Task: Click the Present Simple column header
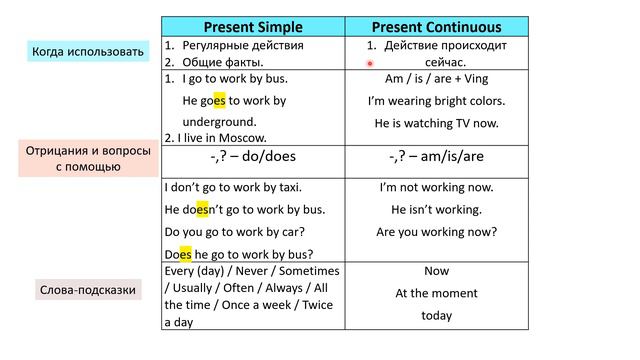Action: pos(254,27)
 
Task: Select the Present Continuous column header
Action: pos(436,27)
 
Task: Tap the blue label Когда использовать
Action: pos(87,51)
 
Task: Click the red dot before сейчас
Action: pos(370,61)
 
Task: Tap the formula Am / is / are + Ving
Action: pos(436,78)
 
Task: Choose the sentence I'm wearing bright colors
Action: pos(436,101)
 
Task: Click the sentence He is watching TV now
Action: pos(436,123)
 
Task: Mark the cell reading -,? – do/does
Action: pos(254,156)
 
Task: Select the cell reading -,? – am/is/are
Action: pos(436,156)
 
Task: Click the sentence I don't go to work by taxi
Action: pos(233,187)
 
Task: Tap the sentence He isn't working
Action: pos(436,209)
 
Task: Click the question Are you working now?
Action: pos(436,231)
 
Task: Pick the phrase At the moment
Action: pos(436,293)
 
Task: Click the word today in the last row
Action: pos(436,315)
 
